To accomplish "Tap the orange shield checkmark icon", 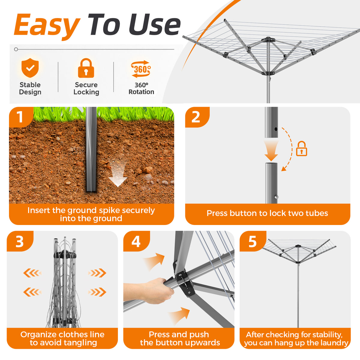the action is (30, 67).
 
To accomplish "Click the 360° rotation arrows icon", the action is (141, 69).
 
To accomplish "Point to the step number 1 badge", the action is (21, 117).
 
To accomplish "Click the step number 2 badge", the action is (196, 117).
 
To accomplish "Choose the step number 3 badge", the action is (20, 241).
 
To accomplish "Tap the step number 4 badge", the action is (136, 241).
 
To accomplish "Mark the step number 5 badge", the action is (253, 241).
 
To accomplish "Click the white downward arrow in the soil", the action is (118, 174).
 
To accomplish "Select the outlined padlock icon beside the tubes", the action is (301, 149).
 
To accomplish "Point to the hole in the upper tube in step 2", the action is (276, 129).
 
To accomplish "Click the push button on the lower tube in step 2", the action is (276, 197).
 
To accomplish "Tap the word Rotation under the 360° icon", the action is (141, 92).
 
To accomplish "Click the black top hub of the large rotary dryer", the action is (268, 39).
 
